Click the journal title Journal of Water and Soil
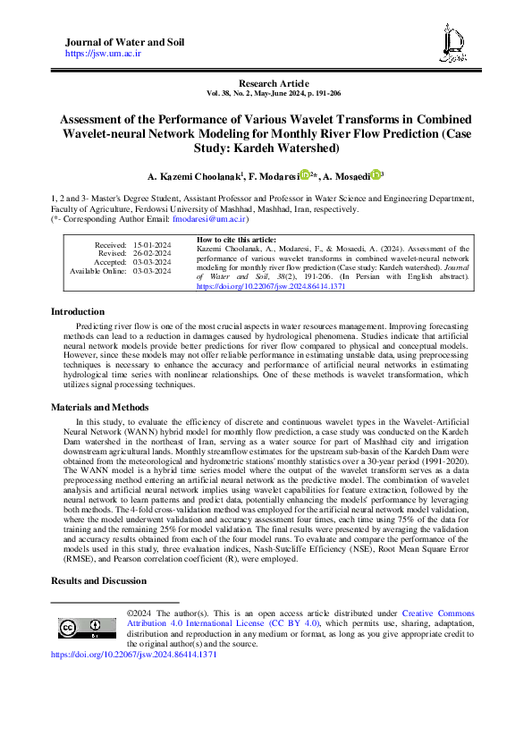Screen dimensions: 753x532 tap(124, 43)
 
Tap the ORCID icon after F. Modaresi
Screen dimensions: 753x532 tap(304, 174)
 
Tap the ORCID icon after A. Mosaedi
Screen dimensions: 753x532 tap(376, 174)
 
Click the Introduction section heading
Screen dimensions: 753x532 tap(78, 311)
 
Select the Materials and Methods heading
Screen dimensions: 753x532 tap(98, 406)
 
